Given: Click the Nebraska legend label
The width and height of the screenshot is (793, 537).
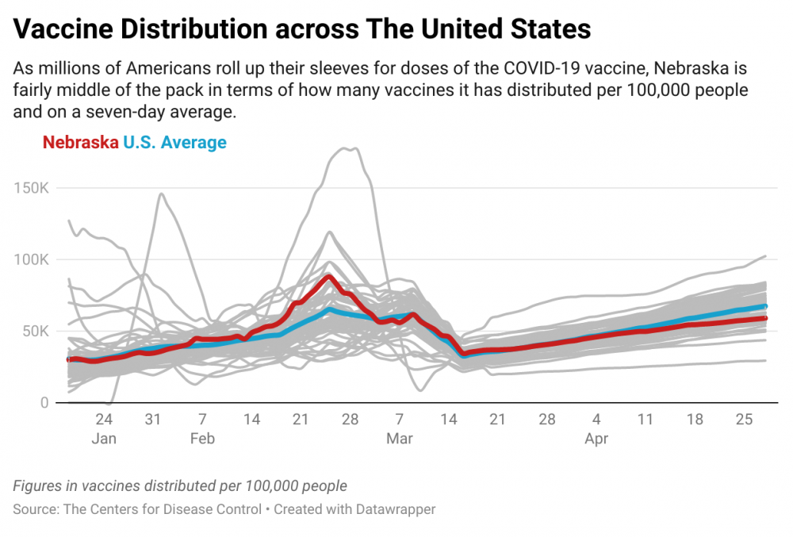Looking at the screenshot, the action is pyautogui.click(x=80, y=143).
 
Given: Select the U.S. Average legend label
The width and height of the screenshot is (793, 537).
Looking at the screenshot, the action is pyautogui.click(x=175, y=143).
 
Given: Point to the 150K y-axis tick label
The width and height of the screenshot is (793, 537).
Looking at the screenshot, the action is pyautogui.click(x=32, y=188).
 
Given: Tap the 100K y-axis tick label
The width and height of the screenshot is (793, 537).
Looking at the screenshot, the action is pyautogui.click(x=32, y=260).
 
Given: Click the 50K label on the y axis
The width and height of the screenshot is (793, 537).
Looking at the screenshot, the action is pyautogui.click(x=36, y=332).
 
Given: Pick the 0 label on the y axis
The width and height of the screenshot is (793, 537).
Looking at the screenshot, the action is pyautogui.click(x=44, y=403).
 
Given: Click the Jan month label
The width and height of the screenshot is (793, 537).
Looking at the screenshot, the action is pyautogui.click(x=104, y=439).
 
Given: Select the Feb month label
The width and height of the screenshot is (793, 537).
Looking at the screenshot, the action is pyautogui.click(x=202, y=439).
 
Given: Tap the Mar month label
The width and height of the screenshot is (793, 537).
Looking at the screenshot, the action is pyautogui.click(x=400, y=439).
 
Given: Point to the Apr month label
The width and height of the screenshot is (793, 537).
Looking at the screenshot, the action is pyautogui.click(x=596, y=439).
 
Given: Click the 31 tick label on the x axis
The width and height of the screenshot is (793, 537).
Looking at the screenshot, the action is pyautogui.click(x=153, y=419).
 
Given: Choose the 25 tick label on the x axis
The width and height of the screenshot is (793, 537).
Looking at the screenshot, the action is pyautogui.click(x=744, y=419).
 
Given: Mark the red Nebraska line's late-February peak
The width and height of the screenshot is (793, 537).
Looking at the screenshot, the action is pyautogui.click(x=329, y=277).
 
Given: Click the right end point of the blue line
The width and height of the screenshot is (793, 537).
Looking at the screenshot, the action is pyautogui.click(x=765, y=306).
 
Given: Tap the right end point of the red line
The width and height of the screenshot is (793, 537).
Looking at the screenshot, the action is pyautogui.click(x=765, y=318).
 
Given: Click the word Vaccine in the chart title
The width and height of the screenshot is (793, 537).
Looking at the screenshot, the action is pyautogui.click(x=63, y=29).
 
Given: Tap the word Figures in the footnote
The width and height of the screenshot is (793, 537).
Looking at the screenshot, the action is pyautogui.click(x=38, y=486).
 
